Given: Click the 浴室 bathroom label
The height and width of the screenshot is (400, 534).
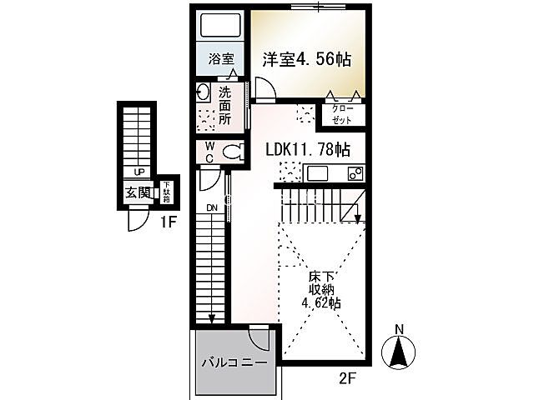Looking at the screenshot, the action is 221,59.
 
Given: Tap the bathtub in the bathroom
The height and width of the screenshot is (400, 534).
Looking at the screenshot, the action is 222,25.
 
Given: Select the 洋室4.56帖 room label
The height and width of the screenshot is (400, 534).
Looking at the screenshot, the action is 306,60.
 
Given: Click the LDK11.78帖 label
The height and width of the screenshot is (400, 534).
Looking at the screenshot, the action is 308,149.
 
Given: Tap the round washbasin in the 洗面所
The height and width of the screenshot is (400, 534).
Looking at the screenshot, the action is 204,92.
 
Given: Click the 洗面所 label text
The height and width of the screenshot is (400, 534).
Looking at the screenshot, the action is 224,106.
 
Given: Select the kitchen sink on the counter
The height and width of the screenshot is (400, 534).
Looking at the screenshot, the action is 317,173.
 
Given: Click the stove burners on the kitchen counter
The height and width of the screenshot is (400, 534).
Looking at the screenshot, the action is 355,174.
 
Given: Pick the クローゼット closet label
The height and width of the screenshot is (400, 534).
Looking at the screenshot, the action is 342,115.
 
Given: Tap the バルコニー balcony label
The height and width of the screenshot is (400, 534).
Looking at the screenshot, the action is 234,363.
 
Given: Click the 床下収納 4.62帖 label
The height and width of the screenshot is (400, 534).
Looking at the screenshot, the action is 321,290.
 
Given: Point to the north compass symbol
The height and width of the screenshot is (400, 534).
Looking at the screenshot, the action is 399,351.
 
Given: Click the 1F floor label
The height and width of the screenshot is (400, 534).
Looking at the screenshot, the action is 169,222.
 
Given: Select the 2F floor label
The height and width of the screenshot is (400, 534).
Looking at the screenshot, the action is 347,377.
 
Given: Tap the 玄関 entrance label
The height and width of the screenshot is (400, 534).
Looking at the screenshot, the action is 138,193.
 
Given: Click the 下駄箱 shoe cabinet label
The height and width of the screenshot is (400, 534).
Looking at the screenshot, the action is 167,192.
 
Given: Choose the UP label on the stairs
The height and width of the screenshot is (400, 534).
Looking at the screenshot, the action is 139,172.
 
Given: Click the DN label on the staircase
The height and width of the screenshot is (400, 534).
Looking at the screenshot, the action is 212,208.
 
